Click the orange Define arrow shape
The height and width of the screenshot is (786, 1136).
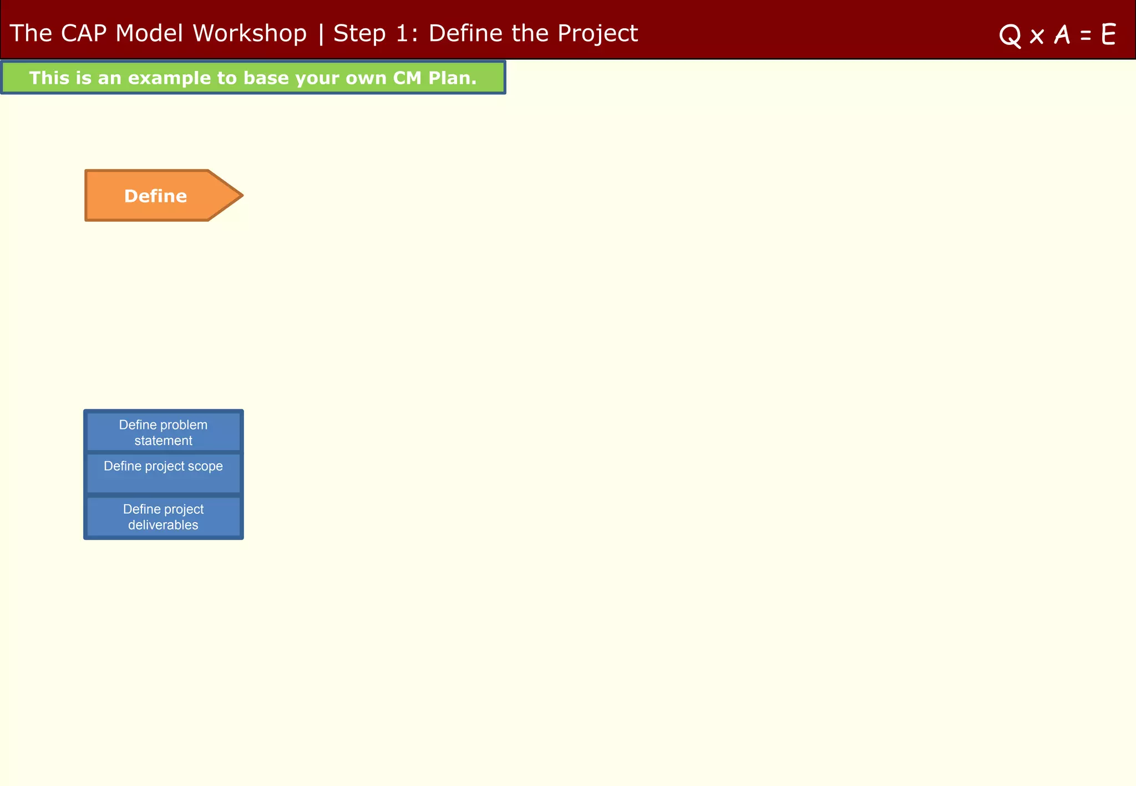tap(155, 196)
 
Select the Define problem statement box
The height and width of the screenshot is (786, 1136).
tap(163, 432)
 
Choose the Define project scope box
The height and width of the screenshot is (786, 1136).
tap(163, 473)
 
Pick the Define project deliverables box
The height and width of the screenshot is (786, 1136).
tap(163, 517)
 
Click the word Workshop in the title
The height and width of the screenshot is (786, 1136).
tap(250, 33)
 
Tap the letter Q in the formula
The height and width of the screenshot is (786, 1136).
tap(1010, 35)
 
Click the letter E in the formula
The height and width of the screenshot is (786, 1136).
tap(1108, 34)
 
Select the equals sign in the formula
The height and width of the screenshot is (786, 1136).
tap(1086, 35)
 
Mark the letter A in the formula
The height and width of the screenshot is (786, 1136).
tap(1062, 34)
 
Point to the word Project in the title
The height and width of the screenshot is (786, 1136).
tap(597, 33)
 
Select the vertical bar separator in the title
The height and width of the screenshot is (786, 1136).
tap(321, 33)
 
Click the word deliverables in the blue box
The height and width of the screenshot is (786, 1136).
tap(163, 525)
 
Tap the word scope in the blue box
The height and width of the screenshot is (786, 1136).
tap(205, 466)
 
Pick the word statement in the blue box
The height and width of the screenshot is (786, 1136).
tap(163, 441)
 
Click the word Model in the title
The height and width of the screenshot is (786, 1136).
tap(149, 33)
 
